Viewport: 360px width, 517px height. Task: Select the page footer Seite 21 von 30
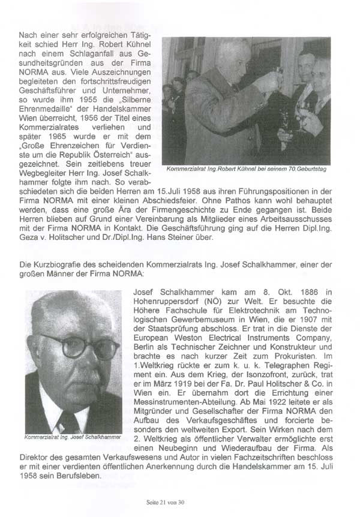(x=180, y=502)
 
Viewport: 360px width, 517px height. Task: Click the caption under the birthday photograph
(x=246, y=169)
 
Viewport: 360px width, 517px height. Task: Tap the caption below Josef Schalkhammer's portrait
(x=71, y=437)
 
